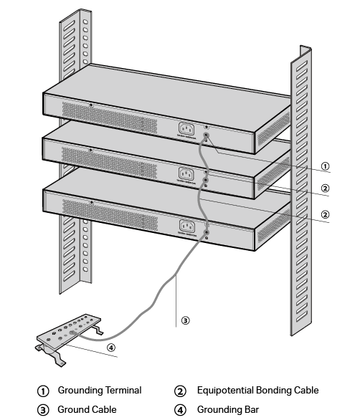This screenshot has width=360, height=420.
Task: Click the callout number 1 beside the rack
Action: pyautogui.click(x=325, y=166)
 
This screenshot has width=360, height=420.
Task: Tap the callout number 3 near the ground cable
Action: pyautogui.click(x=185, y=321)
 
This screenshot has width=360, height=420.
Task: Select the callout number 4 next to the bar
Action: pyautogui.click(x=110, y=349)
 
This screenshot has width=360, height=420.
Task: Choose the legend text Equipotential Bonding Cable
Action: pyautogui.click(x=257, y=391)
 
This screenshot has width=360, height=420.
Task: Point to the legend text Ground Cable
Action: pyautogui.click(x=87, y=409)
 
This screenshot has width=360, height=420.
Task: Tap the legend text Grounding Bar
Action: pyautogui.click(x=227, y=409)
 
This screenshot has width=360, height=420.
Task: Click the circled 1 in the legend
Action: pyautogui.click(x=43, y=391)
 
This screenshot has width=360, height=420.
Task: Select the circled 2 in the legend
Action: pyautogui.click(x=181, y=391)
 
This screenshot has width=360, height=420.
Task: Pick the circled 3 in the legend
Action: pyautogui.click(x=43, y=410)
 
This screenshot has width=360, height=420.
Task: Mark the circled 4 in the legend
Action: pyautogui.click(x=181, y=410)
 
